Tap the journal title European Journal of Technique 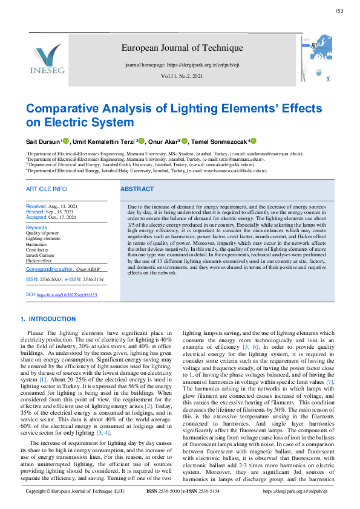[182, 48]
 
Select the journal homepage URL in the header [182, 64]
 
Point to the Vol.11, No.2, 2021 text [182, 77]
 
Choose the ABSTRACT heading [137, 189]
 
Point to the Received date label [36, 207]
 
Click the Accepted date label [36, 216]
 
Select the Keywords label [38, 227]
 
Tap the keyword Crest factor [37, 249]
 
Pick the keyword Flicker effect [39, 260]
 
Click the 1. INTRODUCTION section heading [48, 319]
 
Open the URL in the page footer [296, 491]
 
